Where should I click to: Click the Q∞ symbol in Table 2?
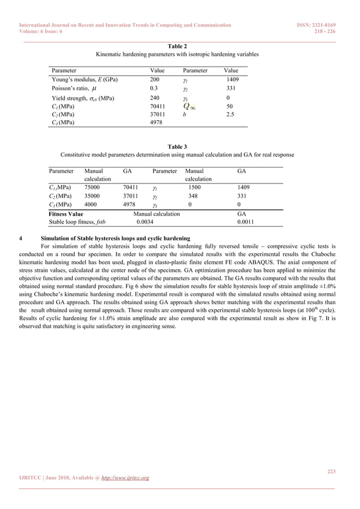(189, 106)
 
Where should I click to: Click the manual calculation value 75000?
(93, 188)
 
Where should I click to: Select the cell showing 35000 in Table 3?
(93, 196)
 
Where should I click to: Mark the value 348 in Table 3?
(194, 196)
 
